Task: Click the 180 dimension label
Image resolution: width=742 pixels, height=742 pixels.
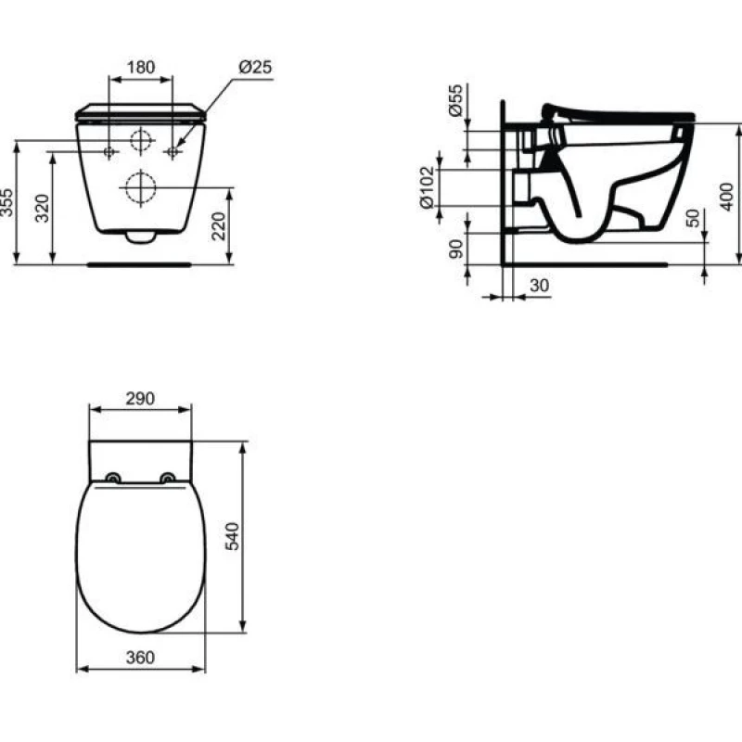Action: click(x=141, y=67)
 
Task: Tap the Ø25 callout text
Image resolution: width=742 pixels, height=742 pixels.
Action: click(x=256, y=67)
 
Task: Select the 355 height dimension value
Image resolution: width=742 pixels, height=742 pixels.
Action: click(x=7, y=203)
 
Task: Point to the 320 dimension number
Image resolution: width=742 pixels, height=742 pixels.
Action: click(x=43, y=208)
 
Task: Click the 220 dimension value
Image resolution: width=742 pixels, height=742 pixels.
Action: click(x=219, y=226)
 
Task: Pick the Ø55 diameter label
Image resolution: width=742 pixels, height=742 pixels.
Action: click(x=455, y=100)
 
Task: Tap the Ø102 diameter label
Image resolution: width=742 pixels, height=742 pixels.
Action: click(x=427, y=187)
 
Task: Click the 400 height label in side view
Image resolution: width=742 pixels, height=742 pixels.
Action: click(x=726, y=197)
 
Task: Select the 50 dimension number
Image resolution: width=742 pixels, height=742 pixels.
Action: click(x=693, y=218)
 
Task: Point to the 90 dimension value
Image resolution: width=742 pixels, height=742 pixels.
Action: click(x=455, y=249)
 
